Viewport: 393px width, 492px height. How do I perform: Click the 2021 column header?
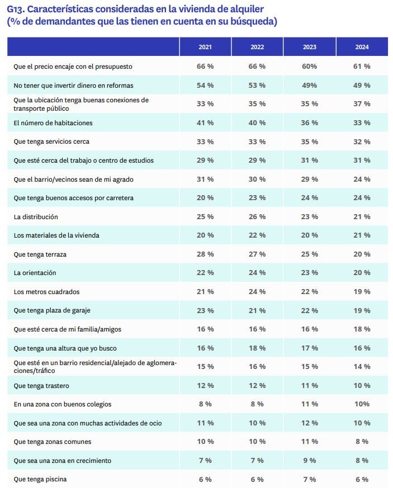click(205, 47)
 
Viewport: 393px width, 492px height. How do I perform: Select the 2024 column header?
click(362, 47)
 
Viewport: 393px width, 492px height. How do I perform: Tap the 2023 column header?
click(310, 47)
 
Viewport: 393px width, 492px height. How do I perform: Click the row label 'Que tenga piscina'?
click(40, 479)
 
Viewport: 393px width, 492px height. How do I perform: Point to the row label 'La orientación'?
click(35, 273)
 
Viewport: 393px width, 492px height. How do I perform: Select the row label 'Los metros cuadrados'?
click(46, 292)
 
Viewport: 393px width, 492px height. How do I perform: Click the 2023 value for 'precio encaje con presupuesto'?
click(310, 67)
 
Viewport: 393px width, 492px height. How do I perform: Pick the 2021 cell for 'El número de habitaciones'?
click(205, 122)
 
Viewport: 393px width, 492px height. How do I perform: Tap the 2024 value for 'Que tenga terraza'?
click(362, 254)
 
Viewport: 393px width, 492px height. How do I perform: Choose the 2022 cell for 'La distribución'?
click(257, 217)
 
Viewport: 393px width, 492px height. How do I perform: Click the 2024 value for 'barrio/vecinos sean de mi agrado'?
click(362, 179)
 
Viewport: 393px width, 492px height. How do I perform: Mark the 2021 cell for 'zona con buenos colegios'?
click(205, 404)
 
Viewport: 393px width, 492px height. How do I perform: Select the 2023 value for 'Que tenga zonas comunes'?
click(310, 442)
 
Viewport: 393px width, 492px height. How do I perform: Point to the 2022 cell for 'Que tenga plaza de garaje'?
click(257, 311)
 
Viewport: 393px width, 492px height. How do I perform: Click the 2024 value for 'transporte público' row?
click(362, 104)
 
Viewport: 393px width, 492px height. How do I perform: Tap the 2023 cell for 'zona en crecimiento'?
click(310, 461)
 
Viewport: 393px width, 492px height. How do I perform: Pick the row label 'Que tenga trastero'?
click(41, 386)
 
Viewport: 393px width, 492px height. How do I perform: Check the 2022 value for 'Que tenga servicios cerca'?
click(257, 142)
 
